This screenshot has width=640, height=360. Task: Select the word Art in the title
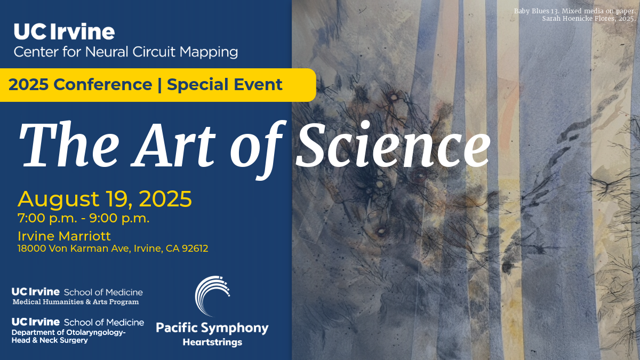(173, 145)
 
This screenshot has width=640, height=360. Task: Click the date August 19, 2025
(105, 198)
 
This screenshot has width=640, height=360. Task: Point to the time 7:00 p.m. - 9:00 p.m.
(83, 218)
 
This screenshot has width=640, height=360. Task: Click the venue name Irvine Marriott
(65, 236)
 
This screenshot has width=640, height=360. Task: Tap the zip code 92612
(195, 249)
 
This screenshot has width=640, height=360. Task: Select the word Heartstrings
(212, 342)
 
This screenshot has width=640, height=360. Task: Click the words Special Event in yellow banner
(225, 85)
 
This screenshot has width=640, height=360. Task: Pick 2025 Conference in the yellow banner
(81, 85)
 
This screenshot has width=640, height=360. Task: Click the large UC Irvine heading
(65, 31)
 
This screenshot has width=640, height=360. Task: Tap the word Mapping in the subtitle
(209, 52)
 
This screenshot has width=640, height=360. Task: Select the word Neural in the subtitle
(107, 52)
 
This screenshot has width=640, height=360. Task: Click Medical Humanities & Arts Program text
(76, 302)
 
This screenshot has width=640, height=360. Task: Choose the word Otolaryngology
(96, 333)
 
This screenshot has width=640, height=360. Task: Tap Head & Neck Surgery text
(50, 340)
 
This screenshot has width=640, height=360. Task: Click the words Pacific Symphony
(212, 328)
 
